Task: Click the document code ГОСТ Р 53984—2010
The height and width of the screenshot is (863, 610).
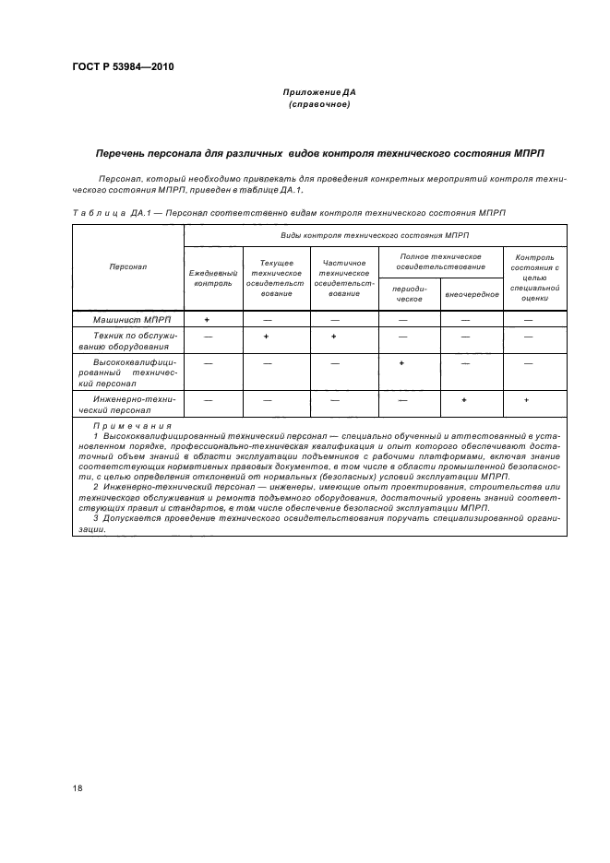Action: click(x=123, y=67)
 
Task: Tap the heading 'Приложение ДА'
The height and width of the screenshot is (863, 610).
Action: click(x=319, y=92)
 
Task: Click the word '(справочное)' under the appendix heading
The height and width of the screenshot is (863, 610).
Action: click(x=319, y=104)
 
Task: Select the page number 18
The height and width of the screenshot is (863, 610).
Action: click(x=78, y=787)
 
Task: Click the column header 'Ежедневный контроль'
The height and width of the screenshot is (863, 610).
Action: click(x=213, y=278)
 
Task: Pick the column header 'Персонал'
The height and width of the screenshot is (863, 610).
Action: click(x=128, y=266)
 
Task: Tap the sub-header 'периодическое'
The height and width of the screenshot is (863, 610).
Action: click(x=409, y=294)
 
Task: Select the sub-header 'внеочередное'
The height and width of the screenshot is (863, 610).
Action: click(x=472, y=295)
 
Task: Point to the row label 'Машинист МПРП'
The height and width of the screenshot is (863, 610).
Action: click(x=128, y=319)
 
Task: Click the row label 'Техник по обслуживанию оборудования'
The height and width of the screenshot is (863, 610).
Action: click(x=128, y=342)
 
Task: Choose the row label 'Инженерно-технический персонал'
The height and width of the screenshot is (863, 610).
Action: click(x=128, y=403)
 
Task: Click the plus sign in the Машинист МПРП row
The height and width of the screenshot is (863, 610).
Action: click(x=207, y=319)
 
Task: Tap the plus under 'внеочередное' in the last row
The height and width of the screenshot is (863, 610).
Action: click(x=464, y=400)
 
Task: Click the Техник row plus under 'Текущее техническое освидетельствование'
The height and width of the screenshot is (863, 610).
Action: click(x=266, y=337)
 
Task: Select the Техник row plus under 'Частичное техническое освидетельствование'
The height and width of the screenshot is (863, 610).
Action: click(x=333, y=337)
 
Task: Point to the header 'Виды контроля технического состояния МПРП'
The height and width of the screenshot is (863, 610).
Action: click(x=376, y=235)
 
